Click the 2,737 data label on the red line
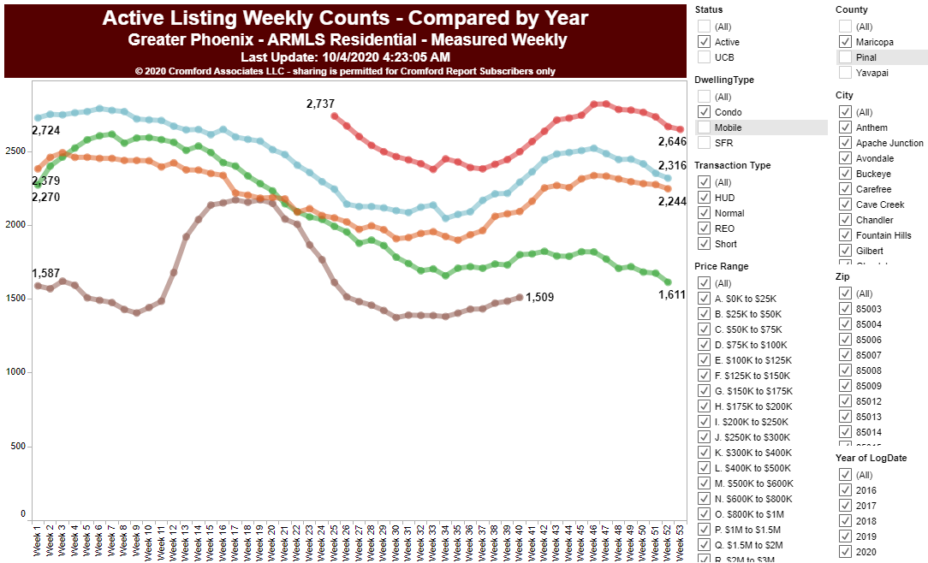[320, 104]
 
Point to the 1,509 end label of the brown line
[539, 298]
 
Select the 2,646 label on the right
[672, 141]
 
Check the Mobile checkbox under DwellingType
[705, 127]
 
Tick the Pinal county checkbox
[845, 57]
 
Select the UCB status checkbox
[705, 57]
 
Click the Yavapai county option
[845, 73]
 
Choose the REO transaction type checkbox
[705, 228]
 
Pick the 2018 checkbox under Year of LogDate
[845, 521]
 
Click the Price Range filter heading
[721, 266]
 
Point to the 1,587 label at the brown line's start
[45, 273]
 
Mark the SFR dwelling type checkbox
[705, 143]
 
